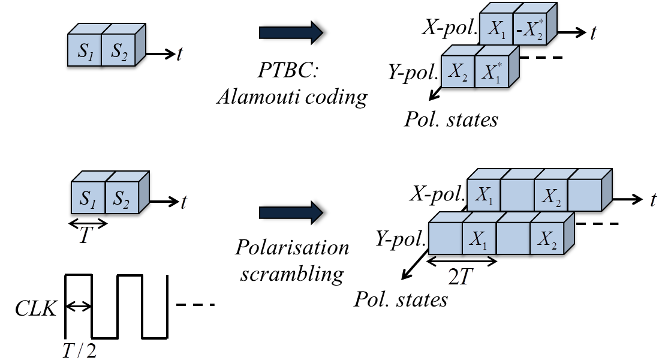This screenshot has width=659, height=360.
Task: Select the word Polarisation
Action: tap(291, 247)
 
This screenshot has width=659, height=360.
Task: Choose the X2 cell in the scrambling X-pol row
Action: tap(550, 194)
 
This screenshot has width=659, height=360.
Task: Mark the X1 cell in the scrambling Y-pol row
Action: tap(479, 239)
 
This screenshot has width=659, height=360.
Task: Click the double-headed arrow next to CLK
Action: tap(79, 307)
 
